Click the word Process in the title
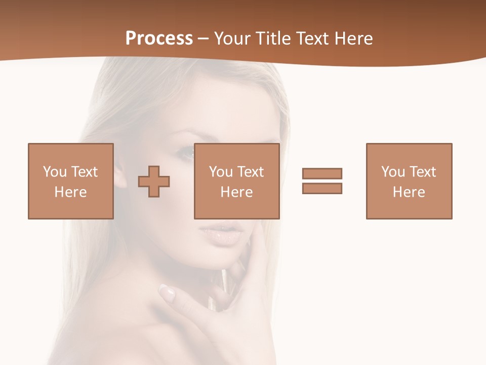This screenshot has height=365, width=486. click(x=159, y=39)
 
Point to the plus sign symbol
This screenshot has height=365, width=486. click(x=154, y=181)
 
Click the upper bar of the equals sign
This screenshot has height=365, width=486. click(x=322, y=173)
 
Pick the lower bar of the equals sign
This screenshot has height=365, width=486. click(x=322, y=188)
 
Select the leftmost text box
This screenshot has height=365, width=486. click(x=71, y=181)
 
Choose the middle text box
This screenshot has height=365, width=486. click(x=236, y=181)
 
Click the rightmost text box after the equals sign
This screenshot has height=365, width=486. click(x=409, y=181)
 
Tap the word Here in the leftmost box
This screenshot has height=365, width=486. click(x=70, y=192)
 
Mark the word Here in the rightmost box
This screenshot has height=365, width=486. click(x=409, y=192)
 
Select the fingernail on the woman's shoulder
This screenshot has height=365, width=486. click(x=167, y=291)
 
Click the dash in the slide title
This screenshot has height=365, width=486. click(x=204, y=39)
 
